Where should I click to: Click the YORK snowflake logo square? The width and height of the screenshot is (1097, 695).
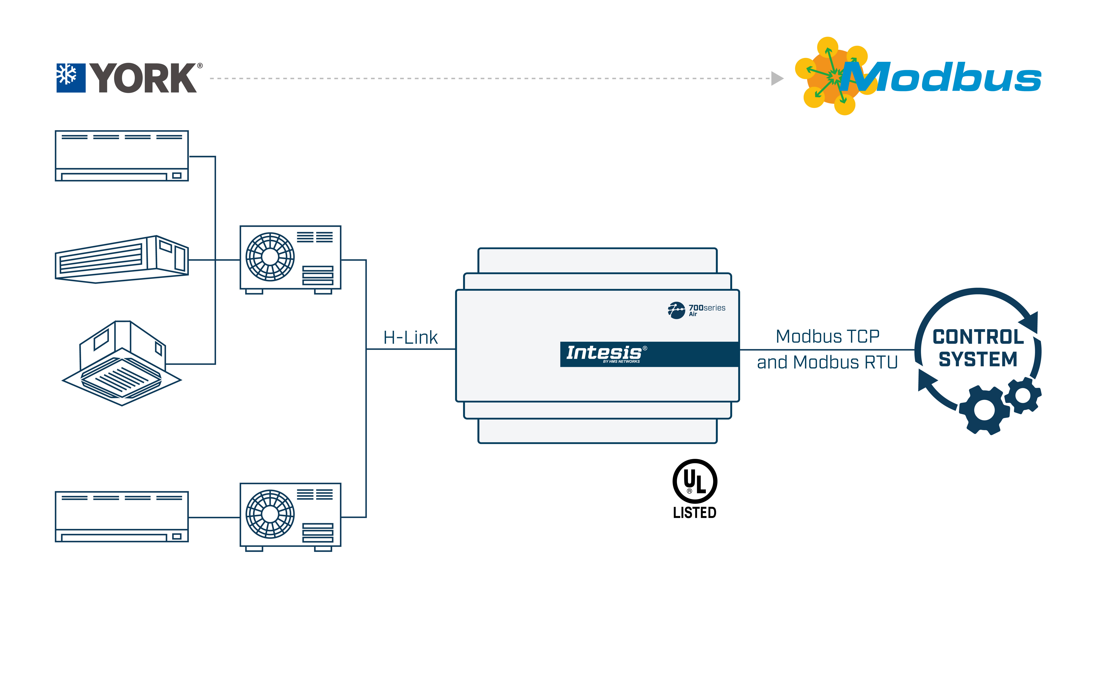tap(71, 78)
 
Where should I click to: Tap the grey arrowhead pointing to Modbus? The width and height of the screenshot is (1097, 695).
tap(777, 78)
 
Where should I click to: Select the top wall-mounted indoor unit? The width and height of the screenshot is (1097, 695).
tap(122, 156)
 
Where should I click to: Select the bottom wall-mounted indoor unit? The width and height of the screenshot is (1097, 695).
tap(122, 517)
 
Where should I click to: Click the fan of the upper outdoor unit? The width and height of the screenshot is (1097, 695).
tap(270, 257)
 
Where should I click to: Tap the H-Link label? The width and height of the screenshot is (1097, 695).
tap(410, 338)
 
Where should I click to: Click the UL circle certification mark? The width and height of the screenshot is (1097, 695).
tap(695, 481)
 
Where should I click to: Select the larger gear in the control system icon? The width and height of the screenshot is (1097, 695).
tap(984, 410)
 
